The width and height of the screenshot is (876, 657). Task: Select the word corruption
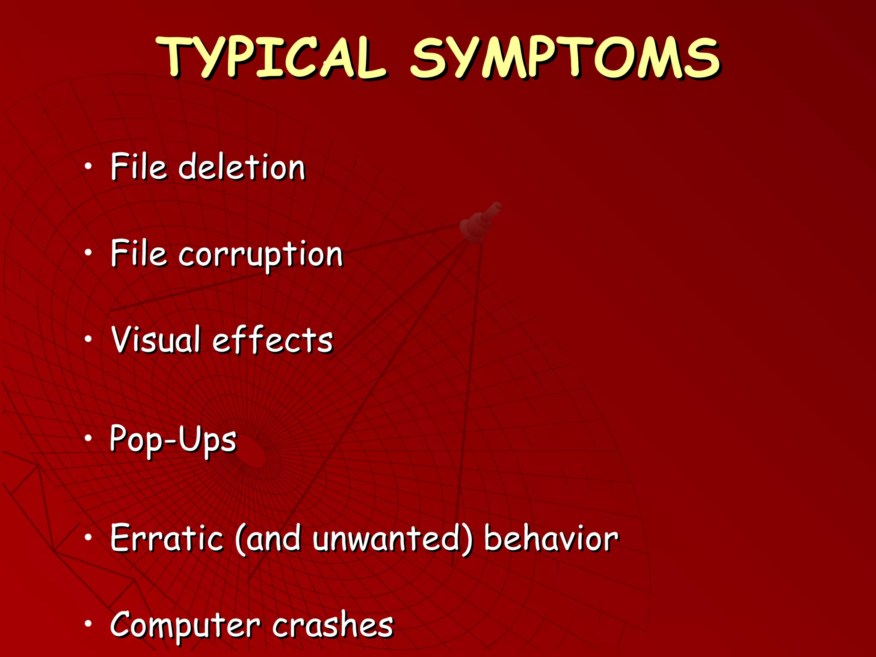(x=260, y=255)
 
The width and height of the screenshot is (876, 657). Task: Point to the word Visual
(x=156, y=340)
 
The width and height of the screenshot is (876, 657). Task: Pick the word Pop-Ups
(x=173, y=439)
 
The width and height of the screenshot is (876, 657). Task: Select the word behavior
(x=551, y=538)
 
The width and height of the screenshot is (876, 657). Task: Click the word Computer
(x=185, y=625)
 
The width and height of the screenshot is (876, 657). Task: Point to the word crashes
(x=332, y=624)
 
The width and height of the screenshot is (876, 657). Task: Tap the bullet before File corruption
(x=88, y=253)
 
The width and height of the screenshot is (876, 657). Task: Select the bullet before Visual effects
(x=88, y=339)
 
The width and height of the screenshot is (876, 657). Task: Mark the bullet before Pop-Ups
(x=88, y=438)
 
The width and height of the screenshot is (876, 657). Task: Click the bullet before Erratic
(x=88, y=537)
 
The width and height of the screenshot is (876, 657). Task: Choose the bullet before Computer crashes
(x=88, y=624)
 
